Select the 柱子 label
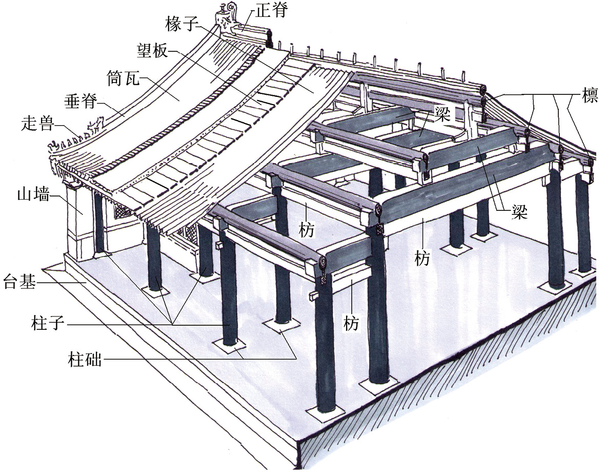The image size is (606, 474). (49, 324)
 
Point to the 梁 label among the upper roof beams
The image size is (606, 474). (440, 113)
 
